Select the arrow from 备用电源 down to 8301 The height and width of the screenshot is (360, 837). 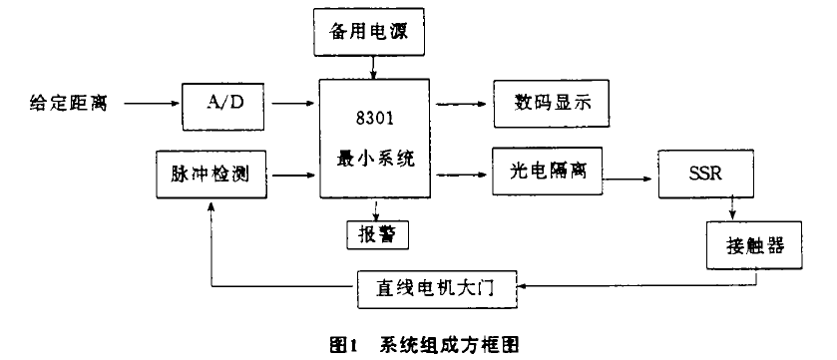373,67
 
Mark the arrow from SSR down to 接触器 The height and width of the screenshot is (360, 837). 733,207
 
